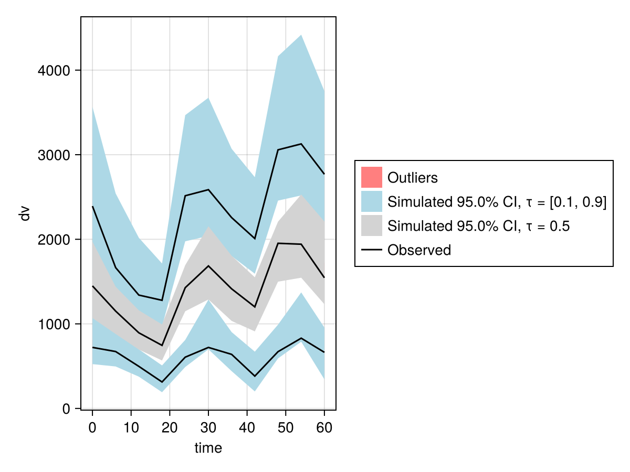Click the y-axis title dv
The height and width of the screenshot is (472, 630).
25,213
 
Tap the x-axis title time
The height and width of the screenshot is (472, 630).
208,448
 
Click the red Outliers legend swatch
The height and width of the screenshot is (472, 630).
371,177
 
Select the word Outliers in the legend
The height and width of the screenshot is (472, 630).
412,178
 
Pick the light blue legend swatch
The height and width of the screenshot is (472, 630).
371,202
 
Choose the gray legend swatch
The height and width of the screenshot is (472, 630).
371,226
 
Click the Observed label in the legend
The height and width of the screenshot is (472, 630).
419,250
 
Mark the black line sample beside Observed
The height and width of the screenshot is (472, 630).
371,250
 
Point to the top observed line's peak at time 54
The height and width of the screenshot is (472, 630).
301,144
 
